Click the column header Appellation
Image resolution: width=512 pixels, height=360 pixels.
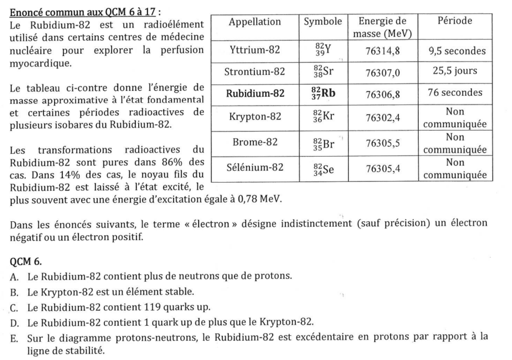(254, 22)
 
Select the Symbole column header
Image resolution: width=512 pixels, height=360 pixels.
(323, 22)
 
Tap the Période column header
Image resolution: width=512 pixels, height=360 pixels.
(455, 22)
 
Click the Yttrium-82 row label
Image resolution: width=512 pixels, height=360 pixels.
(254, 50)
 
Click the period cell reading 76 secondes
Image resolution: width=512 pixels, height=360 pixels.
(455, 93)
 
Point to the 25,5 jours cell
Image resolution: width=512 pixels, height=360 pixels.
(455, 71)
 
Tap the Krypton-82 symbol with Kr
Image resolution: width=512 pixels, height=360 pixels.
(323, 116)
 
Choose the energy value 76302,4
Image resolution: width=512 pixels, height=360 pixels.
(382, 117)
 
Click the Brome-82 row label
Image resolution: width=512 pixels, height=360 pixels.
(254, 143)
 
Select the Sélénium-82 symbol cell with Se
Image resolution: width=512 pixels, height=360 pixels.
(323, 168)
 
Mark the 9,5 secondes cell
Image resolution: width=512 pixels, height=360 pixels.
(455, 51)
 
